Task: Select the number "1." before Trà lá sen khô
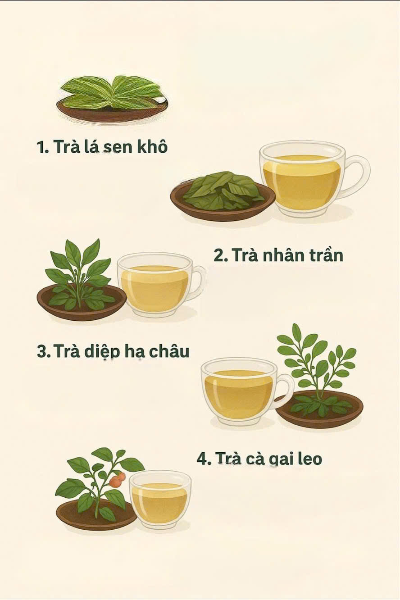pos(43,147)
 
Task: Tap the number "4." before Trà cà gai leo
pos(204,459)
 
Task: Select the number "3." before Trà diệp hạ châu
pos(44,351)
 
